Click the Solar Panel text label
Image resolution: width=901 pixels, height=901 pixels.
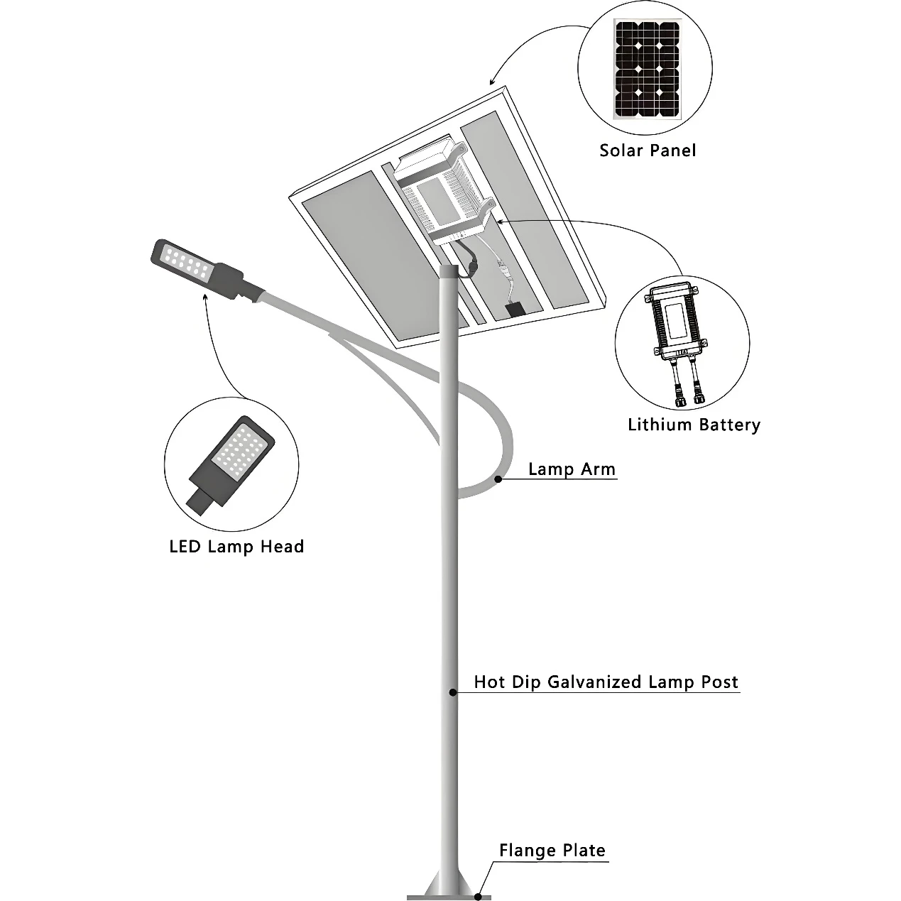click(x=648, y=151)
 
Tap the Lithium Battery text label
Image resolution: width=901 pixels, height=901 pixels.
click(x=694, y=425)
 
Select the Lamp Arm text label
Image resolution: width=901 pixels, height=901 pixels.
click(x=572, y=469)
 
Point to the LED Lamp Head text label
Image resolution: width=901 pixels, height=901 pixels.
click(x=236, y=547)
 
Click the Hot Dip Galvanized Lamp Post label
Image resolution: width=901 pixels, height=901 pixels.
click(x=606, y=682)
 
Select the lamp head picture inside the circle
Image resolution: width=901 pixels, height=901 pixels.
click(x=231, y=465)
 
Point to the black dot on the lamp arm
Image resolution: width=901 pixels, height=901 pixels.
click(x=498, y=479)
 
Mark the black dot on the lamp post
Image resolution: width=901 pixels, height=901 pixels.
click(x=452, y=692)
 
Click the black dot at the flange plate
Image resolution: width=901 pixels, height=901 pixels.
click(x=478, y=896)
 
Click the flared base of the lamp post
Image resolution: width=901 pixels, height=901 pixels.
click(x=449, y=881)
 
